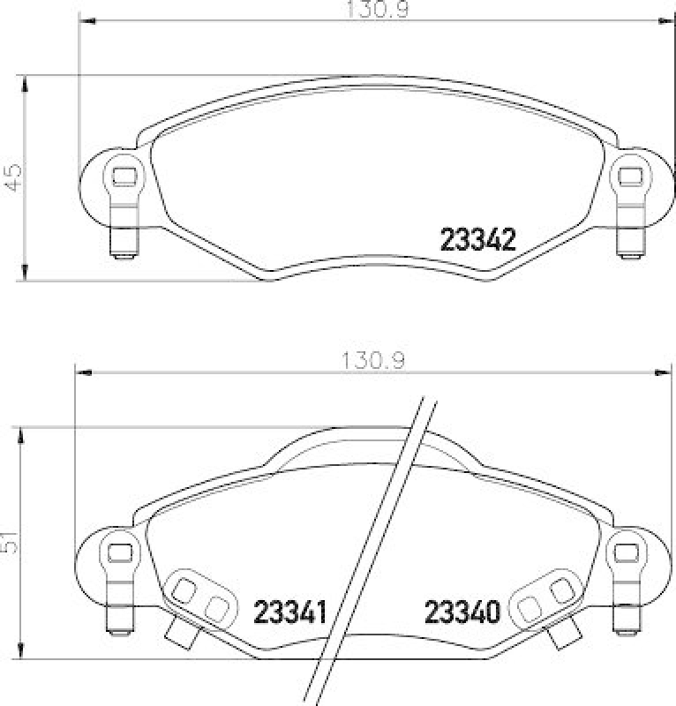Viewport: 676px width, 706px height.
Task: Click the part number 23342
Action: pos(477,239)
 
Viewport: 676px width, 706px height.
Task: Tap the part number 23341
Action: pos(289,612)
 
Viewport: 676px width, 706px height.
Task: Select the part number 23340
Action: pos(462,612)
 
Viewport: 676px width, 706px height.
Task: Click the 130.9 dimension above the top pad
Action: pos(378,10)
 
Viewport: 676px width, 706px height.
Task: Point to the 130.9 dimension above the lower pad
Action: pos(374,361)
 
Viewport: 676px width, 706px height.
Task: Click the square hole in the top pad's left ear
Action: pos(124,176)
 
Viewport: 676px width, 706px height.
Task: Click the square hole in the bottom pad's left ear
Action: pos(120,552)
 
